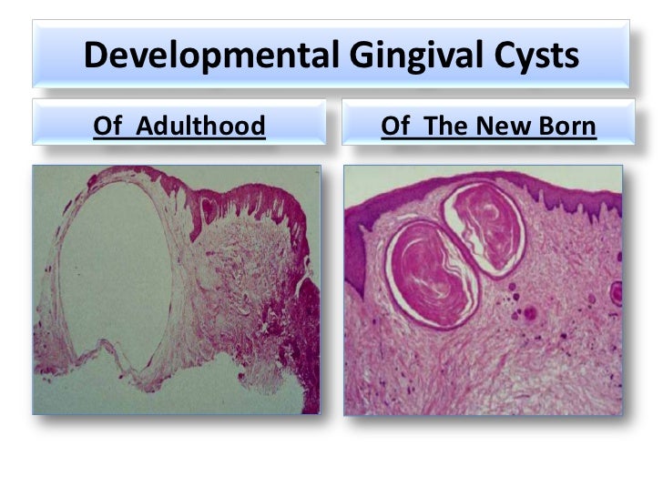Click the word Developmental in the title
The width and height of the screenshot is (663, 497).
click(x=210, y=56)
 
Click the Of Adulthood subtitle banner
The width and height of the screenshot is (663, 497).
click(x=179, y=124)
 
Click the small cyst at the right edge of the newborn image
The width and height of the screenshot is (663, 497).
click(x=617, y=292)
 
